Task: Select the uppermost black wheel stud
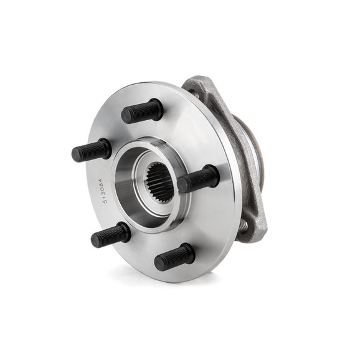(142, 111)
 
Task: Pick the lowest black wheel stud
(174, 257)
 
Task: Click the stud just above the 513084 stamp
(91, 151)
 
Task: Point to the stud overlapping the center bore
(198, 179)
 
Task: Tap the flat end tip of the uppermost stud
(126, 115)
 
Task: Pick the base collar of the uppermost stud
(157, 108)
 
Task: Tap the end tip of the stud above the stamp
(76, 154)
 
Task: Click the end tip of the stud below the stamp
(95, 240)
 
